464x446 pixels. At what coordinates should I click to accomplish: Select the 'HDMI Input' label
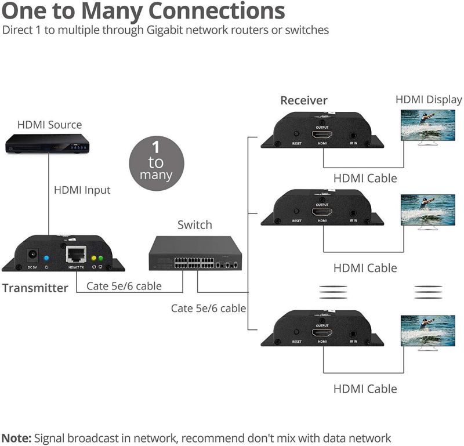point(82,190)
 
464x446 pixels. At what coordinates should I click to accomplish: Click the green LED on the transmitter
point(100,258)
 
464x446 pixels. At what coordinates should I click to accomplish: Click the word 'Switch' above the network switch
point(194,224)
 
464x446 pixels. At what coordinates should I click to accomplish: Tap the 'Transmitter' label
point(35,288)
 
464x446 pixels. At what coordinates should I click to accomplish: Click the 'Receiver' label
point(304,100)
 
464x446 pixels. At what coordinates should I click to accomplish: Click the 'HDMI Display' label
point(429,100)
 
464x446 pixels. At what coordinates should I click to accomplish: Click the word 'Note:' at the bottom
point(17,438)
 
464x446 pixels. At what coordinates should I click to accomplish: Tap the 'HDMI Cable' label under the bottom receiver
point(365,388)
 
